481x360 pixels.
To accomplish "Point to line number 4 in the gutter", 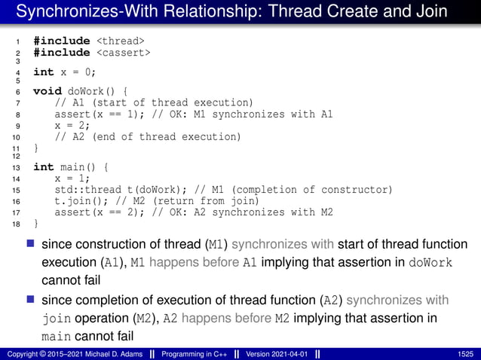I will (x=16, y=72).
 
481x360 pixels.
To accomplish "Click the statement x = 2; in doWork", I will (x=73, y=126).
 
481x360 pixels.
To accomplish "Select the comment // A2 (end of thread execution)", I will (x=148, y=137).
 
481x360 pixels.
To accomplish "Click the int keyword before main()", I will (x=43, y=167).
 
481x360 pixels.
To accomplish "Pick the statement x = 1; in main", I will (x=73, y=179).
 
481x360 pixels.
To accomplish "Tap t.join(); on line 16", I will (x=79, y=201).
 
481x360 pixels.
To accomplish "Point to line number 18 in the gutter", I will (x=16, y=224).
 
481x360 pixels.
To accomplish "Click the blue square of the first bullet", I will (x=30, y=244).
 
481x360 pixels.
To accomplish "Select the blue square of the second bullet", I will (x=30, y=300).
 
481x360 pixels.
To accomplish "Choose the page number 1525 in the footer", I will (x=466, y=354).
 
